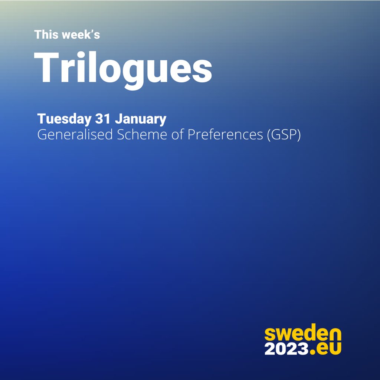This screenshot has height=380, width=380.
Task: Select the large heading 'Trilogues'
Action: coord(123,68)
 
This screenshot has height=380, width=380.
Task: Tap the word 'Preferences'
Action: coord(225,135)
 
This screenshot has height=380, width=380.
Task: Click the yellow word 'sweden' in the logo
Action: coord(303,335)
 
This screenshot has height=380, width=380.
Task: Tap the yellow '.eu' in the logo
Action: coord(326,349)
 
